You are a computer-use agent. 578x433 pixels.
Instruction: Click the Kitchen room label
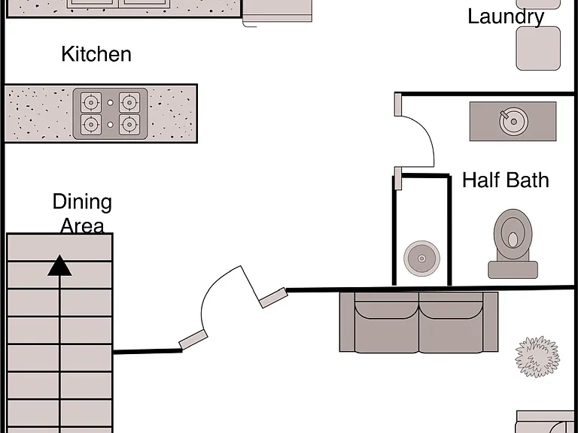point(96,54)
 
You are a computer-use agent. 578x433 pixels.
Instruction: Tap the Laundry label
point(506,17)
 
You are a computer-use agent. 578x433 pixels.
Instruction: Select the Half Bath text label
point(506,180)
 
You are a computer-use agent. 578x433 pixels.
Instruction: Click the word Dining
point(82,202)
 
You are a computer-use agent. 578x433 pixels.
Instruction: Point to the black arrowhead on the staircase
point(59,265)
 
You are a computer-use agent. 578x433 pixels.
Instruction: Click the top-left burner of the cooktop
point(90,102)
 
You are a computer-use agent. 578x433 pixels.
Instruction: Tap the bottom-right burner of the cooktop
point(129,125)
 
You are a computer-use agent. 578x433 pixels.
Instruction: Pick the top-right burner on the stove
point(129,102)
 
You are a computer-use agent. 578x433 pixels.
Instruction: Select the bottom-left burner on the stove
point(90,125)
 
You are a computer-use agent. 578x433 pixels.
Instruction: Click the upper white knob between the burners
point(110,103)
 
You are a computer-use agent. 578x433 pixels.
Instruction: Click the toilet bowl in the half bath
point(513,233)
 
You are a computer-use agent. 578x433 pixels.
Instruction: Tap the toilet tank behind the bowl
point(513,270)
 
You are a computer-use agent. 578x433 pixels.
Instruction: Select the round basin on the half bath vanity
point(513,122)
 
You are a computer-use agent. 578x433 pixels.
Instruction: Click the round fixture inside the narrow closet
point(421,259)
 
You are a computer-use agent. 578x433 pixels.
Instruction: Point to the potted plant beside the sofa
point(537,356)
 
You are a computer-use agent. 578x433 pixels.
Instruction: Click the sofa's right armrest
point(490,322)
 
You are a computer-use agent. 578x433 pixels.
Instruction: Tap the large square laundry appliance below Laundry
point(538,48)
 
